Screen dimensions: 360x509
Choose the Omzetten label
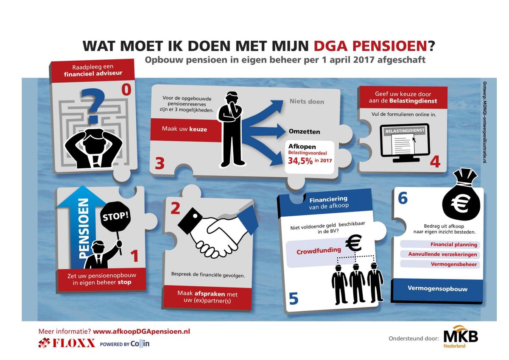coord(305,131)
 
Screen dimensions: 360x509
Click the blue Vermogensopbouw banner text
coord(437,289)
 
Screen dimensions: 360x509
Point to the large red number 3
coord(159,163)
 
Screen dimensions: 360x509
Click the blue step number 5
coord(293,299)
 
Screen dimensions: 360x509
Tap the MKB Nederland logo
coord(460,338)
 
